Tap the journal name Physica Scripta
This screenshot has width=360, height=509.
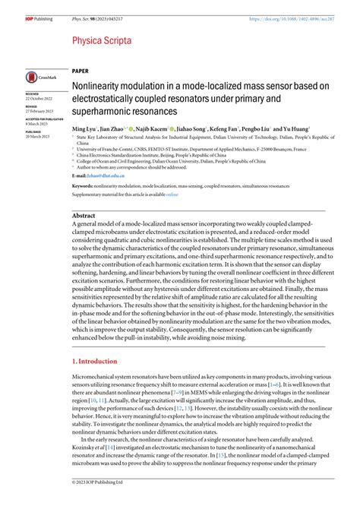point(103,40)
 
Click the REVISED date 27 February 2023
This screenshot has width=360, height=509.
point(39,110)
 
